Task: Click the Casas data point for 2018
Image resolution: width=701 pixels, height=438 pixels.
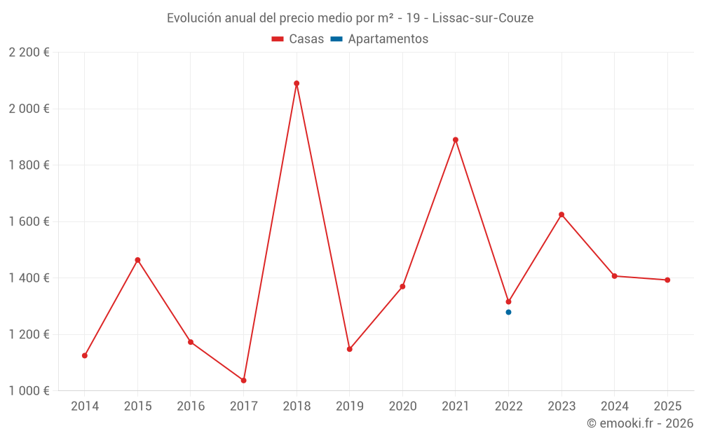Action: click(297, 83)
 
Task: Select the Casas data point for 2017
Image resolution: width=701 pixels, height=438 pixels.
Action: click(244, 381)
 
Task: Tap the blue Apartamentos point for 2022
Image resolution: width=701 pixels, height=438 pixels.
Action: click(508, 312)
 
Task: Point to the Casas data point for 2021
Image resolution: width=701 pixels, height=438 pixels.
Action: click(456, 139)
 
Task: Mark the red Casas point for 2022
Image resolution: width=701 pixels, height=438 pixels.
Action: click(508, 301)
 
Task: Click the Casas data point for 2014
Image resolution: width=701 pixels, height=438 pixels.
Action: click(85, 355)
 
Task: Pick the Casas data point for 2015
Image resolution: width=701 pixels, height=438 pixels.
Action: click(137, 260)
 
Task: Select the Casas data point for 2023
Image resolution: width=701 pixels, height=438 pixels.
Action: click(562, 214)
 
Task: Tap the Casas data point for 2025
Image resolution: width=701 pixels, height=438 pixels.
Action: click(667, 280)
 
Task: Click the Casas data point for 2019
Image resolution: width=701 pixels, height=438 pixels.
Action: click(350, 349)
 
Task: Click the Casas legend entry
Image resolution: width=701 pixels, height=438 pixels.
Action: click(298, 39)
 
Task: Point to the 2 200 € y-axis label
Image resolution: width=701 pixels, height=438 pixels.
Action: click(29, 53)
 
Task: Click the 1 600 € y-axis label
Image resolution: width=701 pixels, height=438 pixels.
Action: click(29, 221)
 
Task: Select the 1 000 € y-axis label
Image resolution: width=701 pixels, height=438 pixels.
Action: click(29, 390)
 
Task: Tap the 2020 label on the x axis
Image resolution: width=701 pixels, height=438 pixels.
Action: click(402, 406)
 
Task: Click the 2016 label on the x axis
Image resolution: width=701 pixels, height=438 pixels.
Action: click(191, 406)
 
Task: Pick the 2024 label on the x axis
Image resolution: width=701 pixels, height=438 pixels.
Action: click(614, 406)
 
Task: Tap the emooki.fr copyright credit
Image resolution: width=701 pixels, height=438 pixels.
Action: click(639, 423)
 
